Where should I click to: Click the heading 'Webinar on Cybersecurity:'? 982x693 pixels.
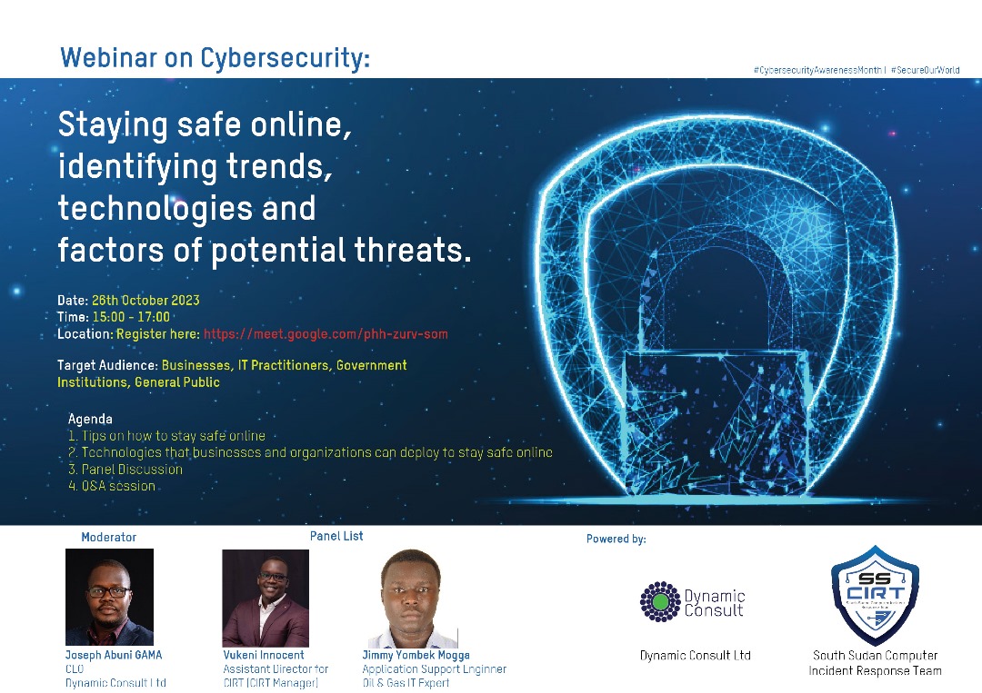pyautogui.click(x=215, y=59)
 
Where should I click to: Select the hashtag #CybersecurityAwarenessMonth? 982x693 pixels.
pyautogui.click(x=818, y=70)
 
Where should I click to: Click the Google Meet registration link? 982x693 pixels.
pyautogui.click(x=326, y=334)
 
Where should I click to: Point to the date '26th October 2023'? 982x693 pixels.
pyautogui.click(x=145, y=301)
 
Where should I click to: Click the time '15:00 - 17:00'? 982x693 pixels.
pyautogui.click(x=131, y=317)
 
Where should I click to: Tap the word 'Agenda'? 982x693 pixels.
pyautogui.click(x=90, y=419)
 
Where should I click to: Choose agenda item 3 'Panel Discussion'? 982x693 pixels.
pyautogui.click(x=125, y=470)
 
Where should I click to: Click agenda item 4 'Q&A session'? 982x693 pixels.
pyautogui.click(x=112, y=486)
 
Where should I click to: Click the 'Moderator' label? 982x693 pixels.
pyautogui.click(x=108, y=537)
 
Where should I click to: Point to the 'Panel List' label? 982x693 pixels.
pyautogui.click(x=336, y=536)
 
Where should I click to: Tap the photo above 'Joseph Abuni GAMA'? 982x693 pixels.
pyautogui.click(x=109, y=597)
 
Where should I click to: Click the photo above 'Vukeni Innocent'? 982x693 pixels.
pyautogui.click(x=266, y=598)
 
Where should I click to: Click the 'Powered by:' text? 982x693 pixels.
pyautogui.click(x=616, y=539)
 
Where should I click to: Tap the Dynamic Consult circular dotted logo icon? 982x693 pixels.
pyautogui.click(x=660, y=601)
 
